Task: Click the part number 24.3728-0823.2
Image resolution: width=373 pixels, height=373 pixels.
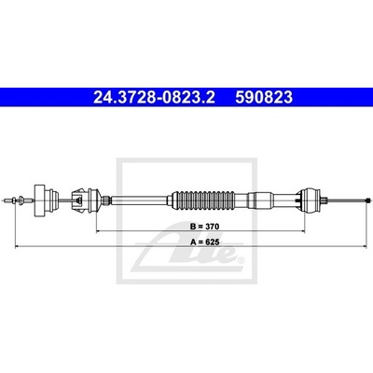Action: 154,97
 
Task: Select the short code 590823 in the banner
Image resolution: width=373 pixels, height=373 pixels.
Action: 264,97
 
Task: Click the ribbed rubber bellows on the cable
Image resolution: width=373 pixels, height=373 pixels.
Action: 204,200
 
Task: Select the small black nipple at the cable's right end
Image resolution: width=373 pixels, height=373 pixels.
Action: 368,200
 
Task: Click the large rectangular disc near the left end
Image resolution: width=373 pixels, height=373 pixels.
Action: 39,200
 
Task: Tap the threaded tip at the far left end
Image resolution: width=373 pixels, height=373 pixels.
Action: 8,200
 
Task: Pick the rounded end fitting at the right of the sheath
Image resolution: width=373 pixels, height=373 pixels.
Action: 309,200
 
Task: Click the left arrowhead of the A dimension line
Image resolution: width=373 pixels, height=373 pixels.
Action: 17,247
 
